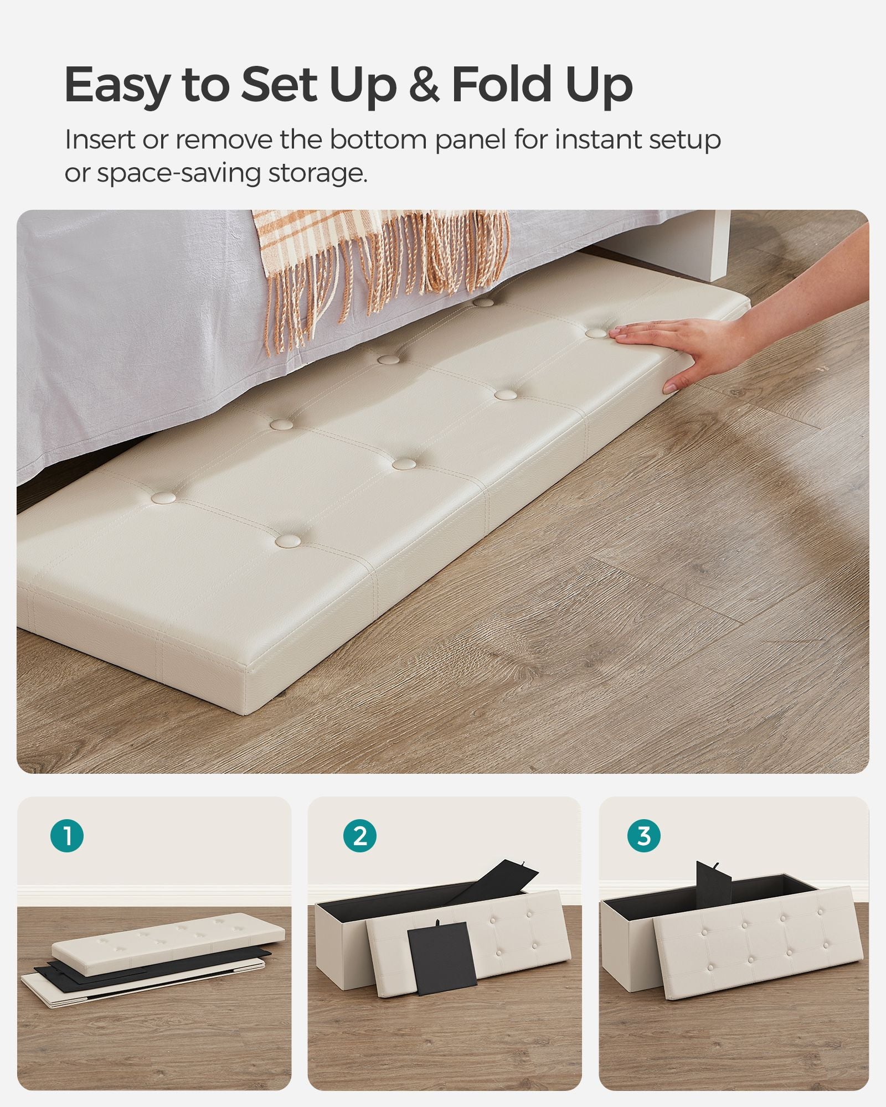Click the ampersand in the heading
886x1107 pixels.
point(424,84)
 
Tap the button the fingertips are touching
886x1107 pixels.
point(596,333)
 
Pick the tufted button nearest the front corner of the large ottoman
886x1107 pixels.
point(288,540)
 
